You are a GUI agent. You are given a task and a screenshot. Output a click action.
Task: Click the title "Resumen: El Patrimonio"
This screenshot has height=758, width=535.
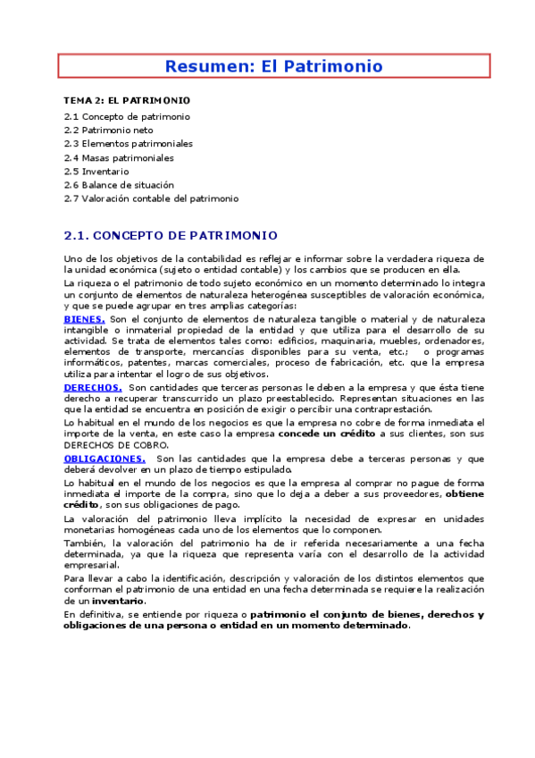click(x=274, y=66)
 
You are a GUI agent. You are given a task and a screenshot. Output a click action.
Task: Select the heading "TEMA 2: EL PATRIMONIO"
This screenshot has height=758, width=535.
click(x=127, y=100)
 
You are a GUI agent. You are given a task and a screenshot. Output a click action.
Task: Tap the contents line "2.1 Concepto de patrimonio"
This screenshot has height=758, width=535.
click(x=127, y=116)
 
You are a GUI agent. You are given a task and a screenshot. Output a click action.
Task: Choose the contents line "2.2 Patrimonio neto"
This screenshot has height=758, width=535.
click(x=109, y=130)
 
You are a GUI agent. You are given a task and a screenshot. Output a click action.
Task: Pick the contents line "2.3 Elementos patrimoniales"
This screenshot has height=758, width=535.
click(x=129, y=143)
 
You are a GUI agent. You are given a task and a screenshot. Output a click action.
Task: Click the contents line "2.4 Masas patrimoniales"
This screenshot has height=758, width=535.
click(x=119, y=157)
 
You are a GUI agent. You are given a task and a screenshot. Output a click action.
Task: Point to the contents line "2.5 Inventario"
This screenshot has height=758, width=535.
click(x=96, y=171)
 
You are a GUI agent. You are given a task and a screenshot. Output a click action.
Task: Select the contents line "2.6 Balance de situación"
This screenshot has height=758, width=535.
click(x=119, y=184)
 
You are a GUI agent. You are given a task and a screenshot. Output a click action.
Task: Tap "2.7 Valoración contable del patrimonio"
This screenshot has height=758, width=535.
click(x=152, y=198)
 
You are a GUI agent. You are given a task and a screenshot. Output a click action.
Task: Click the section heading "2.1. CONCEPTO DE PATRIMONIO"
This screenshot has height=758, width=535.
click(x=171, y=236)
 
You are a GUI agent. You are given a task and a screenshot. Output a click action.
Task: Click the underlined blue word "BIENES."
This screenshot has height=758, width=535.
click(x=85, y=319)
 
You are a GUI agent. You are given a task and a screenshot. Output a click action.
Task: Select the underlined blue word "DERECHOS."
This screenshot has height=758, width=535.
click(x=93, y=388)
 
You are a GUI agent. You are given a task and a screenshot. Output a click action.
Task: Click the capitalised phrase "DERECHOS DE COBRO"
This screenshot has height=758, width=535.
click(x=116, y=445)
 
